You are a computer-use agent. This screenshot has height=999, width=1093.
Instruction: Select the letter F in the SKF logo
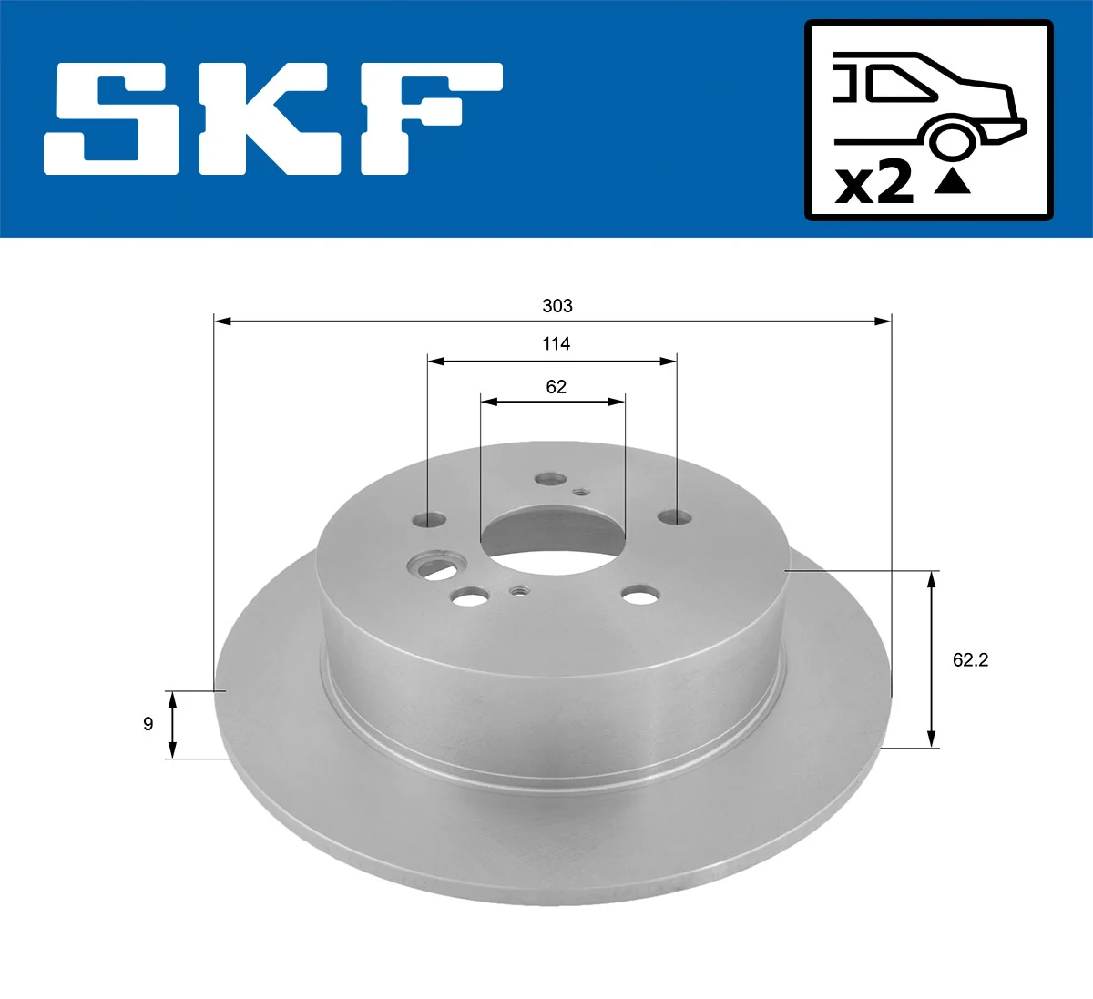pos(428,118)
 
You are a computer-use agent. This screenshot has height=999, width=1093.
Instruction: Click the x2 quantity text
pos(874,183)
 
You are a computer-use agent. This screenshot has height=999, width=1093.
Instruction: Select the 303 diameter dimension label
pos(557,306)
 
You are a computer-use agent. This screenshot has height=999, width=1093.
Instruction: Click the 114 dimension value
pos(556,343)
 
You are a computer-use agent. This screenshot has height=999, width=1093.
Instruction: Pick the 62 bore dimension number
pos(556,387)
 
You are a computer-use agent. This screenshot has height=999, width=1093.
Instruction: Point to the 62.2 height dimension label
pos(970,659)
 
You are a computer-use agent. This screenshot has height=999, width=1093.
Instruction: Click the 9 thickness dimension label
pos(148,724)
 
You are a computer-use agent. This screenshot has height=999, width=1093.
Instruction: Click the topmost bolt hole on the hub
pos(550,479)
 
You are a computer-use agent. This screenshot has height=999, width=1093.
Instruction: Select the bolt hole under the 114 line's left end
pos(429,521)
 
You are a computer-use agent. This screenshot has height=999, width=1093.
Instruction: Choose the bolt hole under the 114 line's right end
pos(675,517)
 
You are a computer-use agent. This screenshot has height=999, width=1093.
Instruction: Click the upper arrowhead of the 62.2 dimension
pos(931,578)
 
